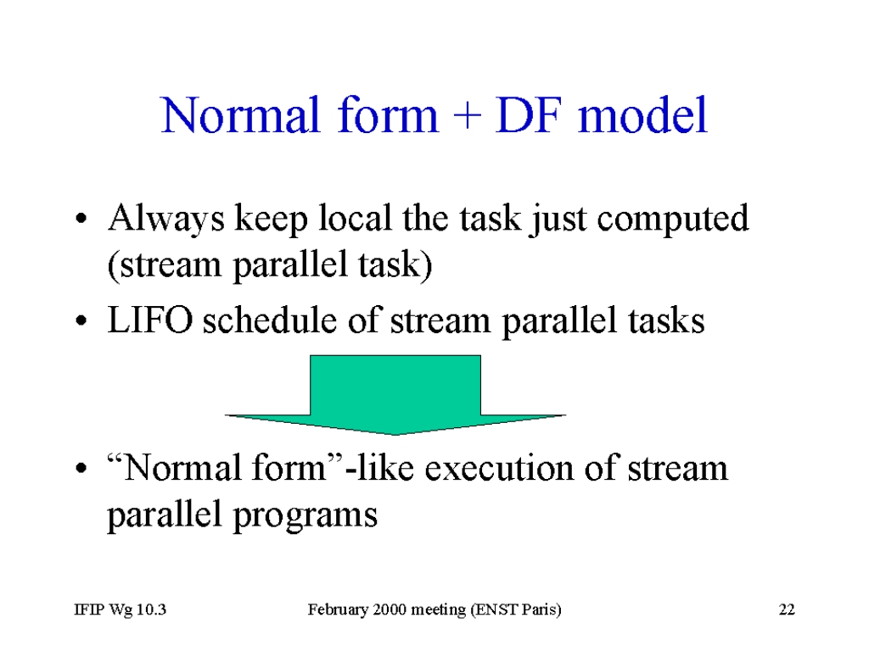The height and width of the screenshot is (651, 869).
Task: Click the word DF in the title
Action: tap(529, 115)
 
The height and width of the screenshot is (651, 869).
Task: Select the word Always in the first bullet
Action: tap(166, 220)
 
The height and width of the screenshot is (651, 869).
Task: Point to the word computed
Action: tap(673, 220)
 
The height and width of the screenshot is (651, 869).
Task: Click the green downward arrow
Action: tap(395, 395)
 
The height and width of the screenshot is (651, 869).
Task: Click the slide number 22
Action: tap(787, 609)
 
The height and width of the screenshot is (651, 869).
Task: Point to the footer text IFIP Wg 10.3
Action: tap(121, 609)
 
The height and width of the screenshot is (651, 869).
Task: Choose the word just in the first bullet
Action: tap(557, 220)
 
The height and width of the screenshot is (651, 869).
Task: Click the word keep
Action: tap(271, 220)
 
